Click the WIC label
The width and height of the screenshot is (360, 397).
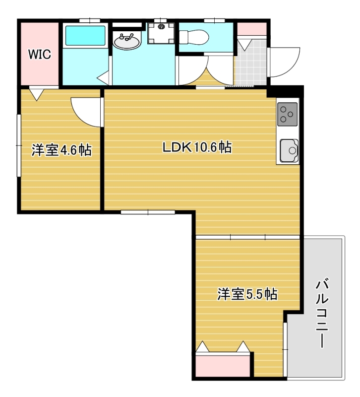39,55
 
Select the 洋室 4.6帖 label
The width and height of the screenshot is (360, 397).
61,150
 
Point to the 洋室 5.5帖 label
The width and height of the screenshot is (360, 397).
247,294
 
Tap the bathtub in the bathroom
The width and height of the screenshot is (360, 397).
86,36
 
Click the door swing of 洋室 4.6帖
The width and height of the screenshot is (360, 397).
85,111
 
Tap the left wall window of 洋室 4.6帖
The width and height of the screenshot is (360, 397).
19,145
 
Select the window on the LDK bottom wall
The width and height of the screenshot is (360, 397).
148,212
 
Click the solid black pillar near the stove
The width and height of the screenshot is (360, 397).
285,92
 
